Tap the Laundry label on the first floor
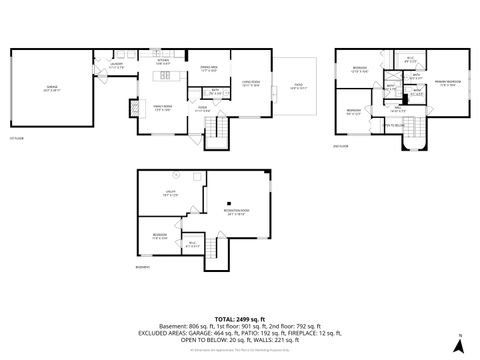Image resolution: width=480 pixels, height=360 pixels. (117, 67)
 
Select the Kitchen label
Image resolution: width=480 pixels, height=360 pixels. (162, 61)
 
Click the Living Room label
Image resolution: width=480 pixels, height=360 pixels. (251, 85)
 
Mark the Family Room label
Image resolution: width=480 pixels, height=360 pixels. (161, 107)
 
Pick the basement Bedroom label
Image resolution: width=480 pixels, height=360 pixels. (158, 237)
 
